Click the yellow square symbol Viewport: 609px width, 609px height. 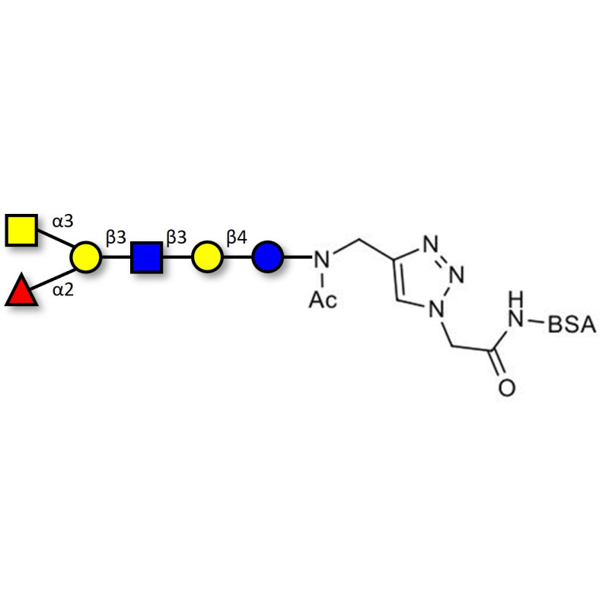point(21,230)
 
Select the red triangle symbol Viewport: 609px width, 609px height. point(21,290)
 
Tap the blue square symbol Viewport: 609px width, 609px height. point(146,257)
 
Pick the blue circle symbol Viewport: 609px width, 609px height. point(268,257)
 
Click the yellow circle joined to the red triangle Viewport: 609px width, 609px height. point(86,257)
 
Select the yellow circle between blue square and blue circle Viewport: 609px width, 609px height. point(207,257)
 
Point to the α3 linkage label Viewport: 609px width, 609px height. point(63,222)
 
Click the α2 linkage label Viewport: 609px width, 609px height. point(63,290)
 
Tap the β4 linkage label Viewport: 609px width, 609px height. point(237,238)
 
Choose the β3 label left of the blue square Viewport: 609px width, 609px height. point(116,238)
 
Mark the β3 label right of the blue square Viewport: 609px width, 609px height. point(177,238)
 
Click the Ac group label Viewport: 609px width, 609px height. point(323,300)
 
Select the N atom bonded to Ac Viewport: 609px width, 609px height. point(321,260)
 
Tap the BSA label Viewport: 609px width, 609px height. point(572,325)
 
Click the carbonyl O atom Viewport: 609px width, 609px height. point(506,387)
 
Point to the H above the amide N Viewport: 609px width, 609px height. point(517,299)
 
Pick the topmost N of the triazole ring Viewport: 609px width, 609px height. point(431,244)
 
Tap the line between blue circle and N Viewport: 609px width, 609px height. point(298,257)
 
